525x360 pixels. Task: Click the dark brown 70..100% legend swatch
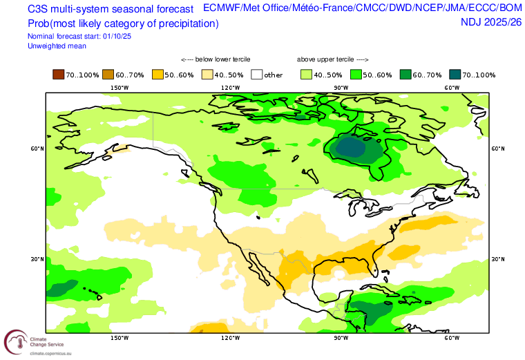(58, 75)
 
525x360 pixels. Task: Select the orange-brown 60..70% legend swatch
(108, 75)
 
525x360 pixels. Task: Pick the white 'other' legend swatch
(257, 75)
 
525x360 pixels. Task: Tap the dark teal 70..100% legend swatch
(455, 75)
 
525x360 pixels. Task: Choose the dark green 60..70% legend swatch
(405, 75)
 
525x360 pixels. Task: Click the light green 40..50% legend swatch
(306, 75)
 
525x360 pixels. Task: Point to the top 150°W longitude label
(120, 88)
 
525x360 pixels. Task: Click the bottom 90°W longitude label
(341, 338)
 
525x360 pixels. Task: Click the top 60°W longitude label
(452, 88)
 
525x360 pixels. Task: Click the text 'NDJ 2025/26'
(491, 22)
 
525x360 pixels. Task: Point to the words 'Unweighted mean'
(57, 46)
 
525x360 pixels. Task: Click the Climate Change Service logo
(15, 341)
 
